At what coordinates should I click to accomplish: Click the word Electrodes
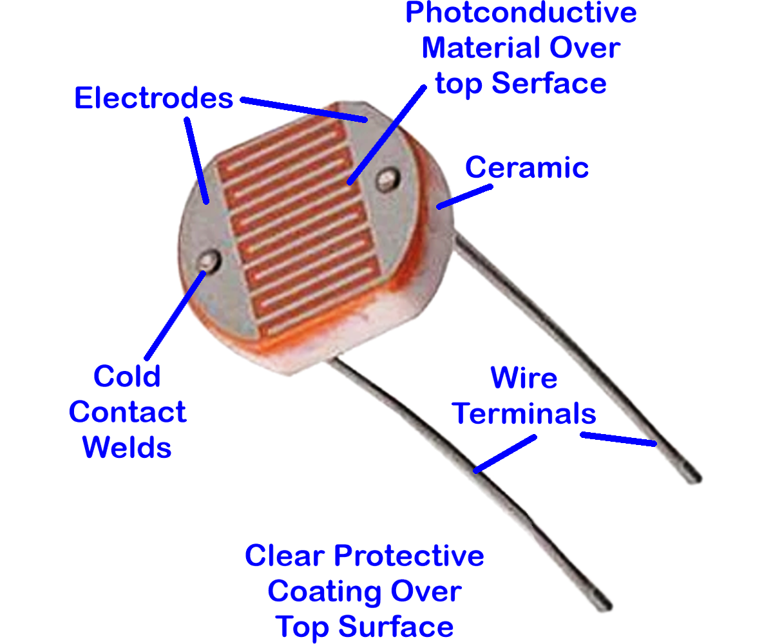pos(154,98)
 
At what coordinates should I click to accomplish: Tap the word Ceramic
pos(526,167)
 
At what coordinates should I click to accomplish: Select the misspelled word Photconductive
pos(521,13)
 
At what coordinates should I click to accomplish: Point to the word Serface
pos(549,83)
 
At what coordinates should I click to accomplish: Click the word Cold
pos(127,376)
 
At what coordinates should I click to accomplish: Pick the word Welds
pos(127,447)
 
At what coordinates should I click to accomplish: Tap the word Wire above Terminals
pos(524,377)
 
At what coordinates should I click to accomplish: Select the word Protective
pos(408,556)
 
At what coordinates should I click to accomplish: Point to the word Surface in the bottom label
pos(396,627)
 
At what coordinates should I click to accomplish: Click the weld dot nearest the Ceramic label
pos(388,180)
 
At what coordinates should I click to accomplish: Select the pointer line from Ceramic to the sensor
pos(464,197)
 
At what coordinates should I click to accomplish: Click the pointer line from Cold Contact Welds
pos(175,316)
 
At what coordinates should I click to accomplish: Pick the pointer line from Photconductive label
pos(386,135)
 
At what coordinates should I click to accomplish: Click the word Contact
pos(128,412)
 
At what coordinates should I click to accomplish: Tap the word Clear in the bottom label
pos(285,556)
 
